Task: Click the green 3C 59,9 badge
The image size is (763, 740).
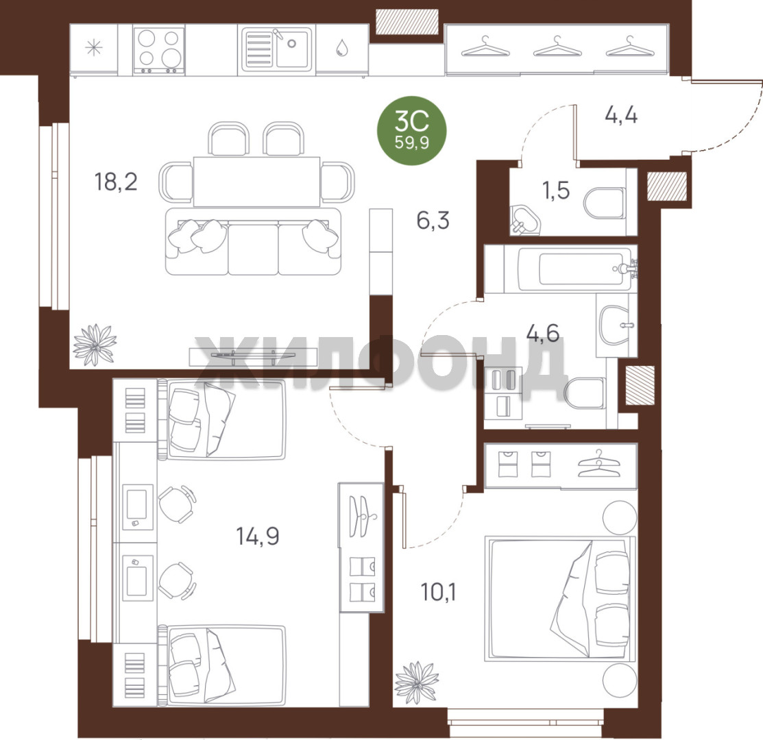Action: click(412, 129)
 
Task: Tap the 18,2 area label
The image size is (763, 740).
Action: click(116, 182)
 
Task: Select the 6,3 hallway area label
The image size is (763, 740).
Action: click(433, 220)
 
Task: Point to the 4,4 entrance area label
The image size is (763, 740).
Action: click(621, 115)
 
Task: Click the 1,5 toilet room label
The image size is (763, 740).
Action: click(556, 190)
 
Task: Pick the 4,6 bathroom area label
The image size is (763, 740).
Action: click(543, 333)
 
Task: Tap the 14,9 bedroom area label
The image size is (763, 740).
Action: click(257, 536)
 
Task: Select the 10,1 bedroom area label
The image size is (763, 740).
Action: click(439, 592)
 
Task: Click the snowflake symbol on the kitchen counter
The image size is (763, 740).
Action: click(93, 48)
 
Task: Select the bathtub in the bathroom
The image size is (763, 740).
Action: click(577, 269)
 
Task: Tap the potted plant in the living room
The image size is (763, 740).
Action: click(95, 344)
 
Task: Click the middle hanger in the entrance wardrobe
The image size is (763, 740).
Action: click(556, 47)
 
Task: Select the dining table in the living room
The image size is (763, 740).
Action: click(256, 182)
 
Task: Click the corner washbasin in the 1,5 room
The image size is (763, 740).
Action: click(524, 220)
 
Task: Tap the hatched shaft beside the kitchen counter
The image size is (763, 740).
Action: click(407, 22)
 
